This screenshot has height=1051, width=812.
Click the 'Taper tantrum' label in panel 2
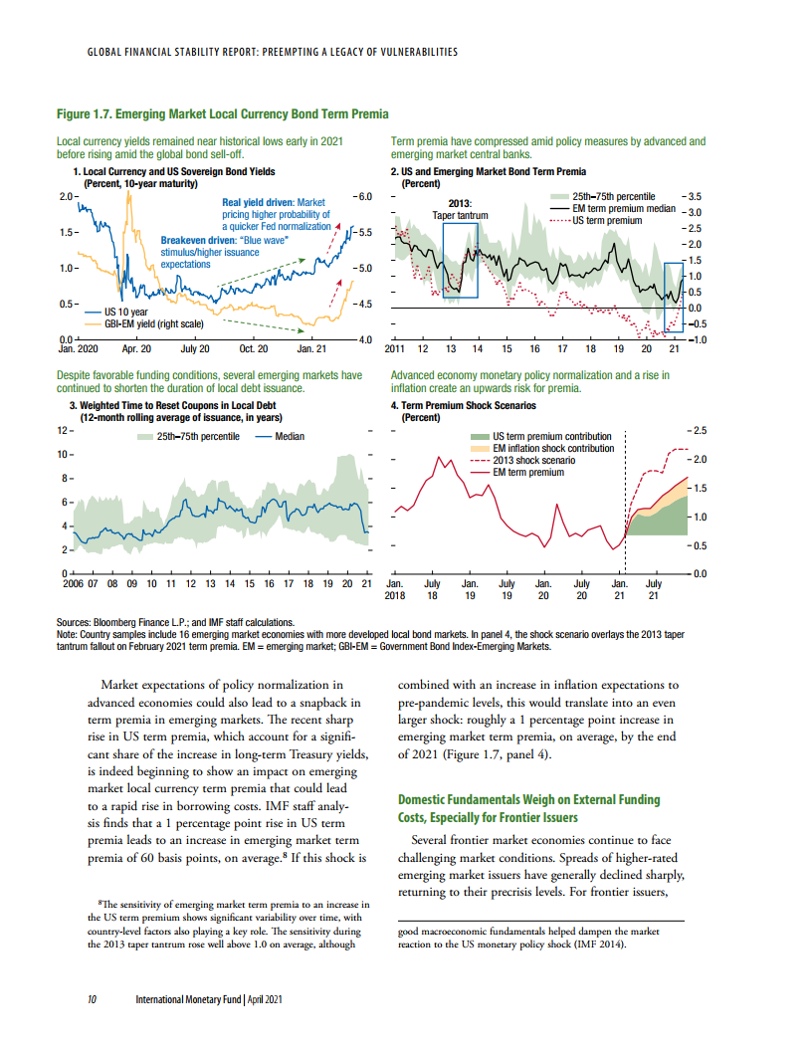[x=459, y=215]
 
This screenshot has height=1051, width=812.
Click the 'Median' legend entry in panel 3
[x=289, y=436]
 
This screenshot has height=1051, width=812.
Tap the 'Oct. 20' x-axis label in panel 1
[x=255, y=349]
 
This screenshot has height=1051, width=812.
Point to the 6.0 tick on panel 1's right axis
[x=363, y=197]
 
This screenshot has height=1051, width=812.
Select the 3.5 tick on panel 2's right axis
[x=695, y=197]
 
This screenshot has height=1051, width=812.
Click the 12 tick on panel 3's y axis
[x=62, y=430]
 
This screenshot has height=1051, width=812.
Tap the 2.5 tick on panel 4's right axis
[x=700, y=430]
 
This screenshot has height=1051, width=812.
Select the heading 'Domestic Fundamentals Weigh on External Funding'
[x=528, y=800]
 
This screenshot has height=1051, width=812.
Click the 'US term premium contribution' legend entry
[x=552, y=437]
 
